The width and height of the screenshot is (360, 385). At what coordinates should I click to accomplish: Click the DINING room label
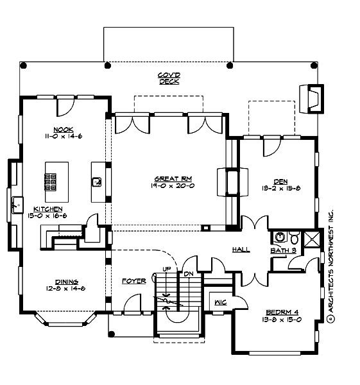click(x=67, y=282)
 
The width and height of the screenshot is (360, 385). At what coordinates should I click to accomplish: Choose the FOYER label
click(x=133, y=281)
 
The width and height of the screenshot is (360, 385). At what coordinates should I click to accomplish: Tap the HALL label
click(x=241, y=250)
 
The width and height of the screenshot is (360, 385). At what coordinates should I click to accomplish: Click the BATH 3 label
click(x=282, y=250)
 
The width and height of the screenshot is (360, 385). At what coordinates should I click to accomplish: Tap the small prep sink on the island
click(x=96, y=182)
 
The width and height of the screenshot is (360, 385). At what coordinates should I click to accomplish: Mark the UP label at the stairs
click(x=167, y=268)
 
